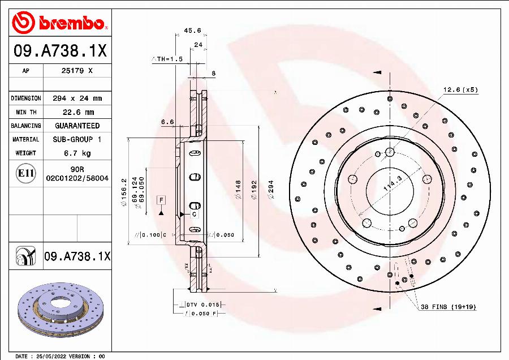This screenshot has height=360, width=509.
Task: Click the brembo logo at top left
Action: tap(60, 23)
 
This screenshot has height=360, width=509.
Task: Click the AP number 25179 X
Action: tap(77, 71)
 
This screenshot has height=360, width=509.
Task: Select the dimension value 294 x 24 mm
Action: tap(77, 98)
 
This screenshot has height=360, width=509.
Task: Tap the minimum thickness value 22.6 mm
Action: tap(77, 112)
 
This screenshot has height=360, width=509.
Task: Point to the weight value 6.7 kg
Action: tap(77, 153)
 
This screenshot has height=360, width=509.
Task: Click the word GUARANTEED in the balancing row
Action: tap(77, 126)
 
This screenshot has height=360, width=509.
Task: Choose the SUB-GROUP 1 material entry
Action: tap(77, 139)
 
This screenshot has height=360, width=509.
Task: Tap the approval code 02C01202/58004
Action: tap(77, 178)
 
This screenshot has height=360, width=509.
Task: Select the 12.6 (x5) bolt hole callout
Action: tap(460, 89)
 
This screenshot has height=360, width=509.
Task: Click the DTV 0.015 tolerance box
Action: tap(202, 305)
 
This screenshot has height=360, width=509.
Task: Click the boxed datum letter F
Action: tap(161, 200)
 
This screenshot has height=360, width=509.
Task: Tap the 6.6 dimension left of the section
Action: tap(167, 122)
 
